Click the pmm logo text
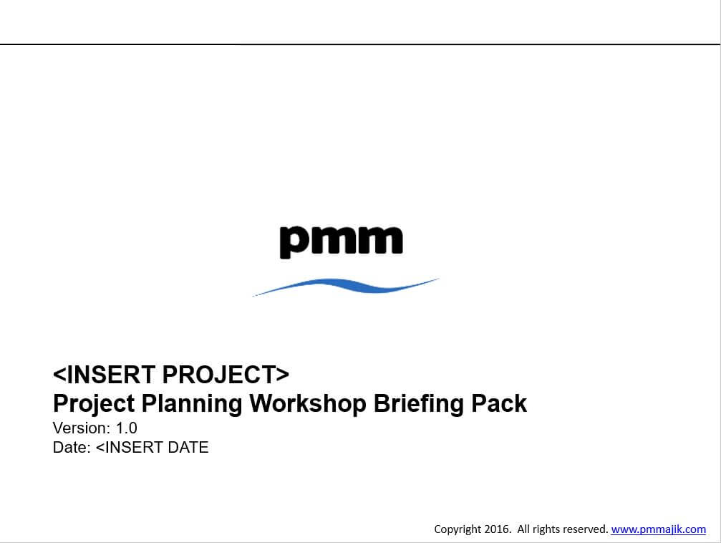342,241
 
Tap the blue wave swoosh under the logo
346,286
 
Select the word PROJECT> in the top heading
226,375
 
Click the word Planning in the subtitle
192,404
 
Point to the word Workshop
308,403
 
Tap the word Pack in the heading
499,403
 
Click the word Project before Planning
94,404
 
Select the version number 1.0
127,428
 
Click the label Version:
82,428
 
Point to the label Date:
72,447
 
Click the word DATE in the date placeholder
188,447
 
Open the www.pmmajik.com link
659,529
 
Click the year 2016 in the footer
498,529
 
